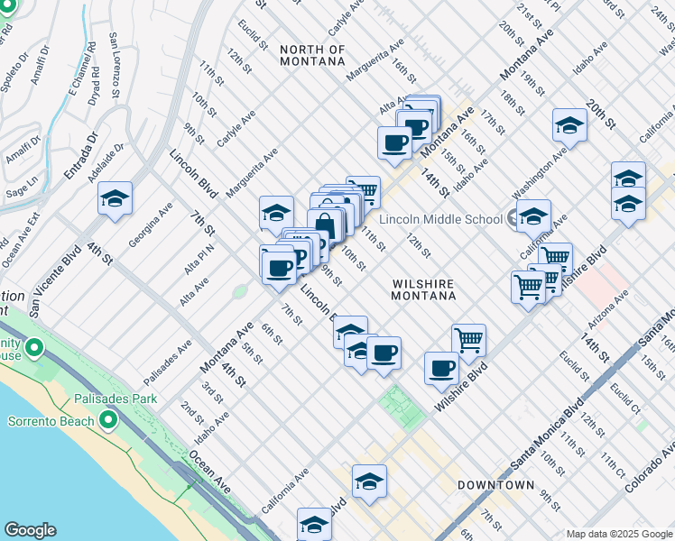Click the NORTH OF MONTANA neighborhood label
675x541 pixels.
click(312, 55)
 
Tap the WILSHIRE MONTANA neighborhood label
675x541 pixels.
click(423, 289)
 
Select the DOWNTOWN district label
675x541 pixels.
click(495, 485)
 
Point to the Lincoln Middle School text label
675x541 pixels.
click(440, 219)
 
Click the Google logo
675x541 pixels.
click(30, 530)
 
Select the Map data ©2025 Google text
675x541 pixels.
click(618, 534)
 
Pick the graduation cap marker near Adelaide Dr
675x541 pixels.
click(116, 199)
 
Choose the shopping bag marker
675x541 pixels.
click(325, 225)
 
